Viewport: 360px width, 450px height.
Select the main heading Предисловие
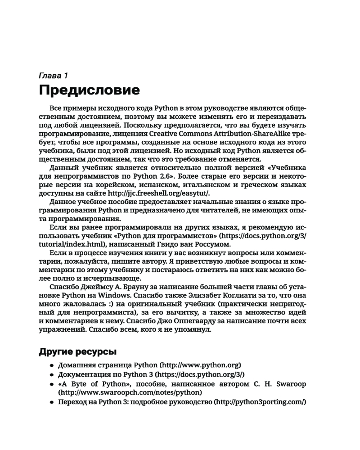[90, 90]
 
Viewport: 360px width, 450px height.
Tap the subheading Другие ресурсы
[77, 351]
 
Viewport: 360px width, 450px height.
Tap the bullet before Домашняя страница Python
[52, 365]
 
